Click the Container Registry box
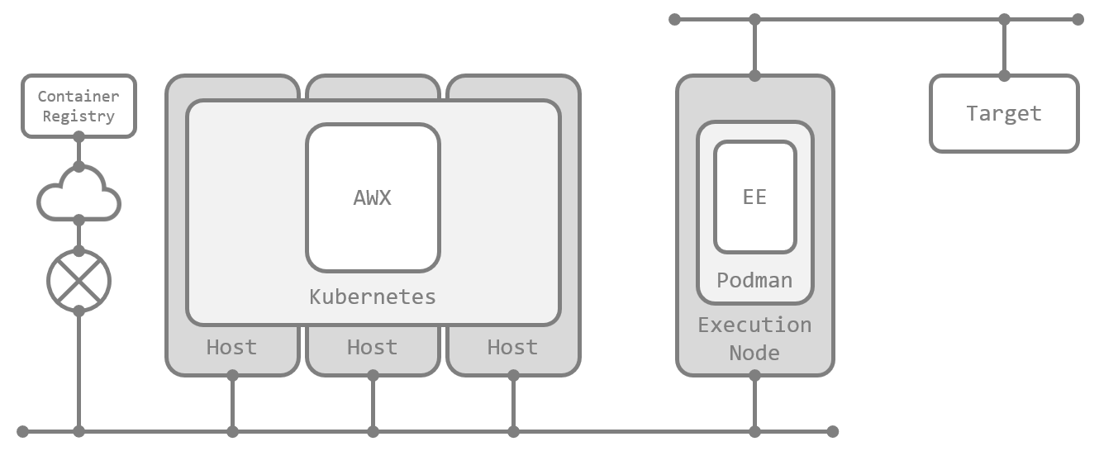78,106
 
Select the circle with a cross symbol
78,281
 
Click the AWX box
373,197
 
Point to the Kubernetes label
373,297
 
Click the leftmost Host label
231,348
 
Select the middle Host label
372,348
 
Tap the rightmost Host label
512,348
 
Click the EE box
754,197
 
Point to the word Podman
754,280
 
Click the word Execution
754,325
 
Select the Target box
1004,114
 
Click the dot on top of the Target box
1004,76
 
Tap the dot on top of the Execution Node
754,76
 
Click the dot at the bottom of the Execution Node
754,376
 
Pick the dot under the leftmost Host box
232,376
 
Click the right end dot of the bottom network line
833,431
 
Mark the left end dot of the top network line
674,19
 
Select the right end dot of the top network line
1078,19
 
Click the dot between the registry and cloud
78,167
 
